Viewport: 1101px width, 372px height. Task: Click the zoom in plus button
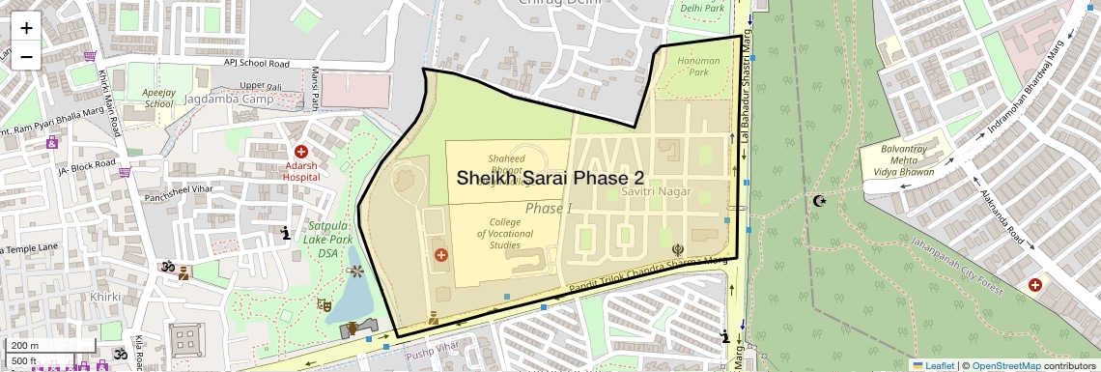(x=26, y=28)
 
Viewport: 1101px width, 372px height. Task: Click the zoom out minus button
(x=26, y=56)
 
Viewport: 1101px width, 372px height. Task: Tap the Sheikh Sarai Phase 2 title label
(x=550, y=179)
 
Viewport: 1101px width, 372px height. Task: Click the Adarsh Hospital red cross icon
(x=301, y=152)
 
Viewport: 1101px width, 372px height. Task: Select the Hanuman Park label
(x=692, y=66)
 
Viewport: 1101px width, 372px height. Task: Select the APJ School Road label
(x=257, y=64)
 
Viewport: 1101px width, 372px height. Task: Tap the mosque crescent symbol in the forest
(x=820, y=201)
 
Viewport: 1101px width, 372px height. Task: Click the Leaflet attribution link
(x=933, y=365)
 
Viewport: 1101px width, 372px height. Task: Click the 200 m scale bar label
(x=25, y=345)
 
